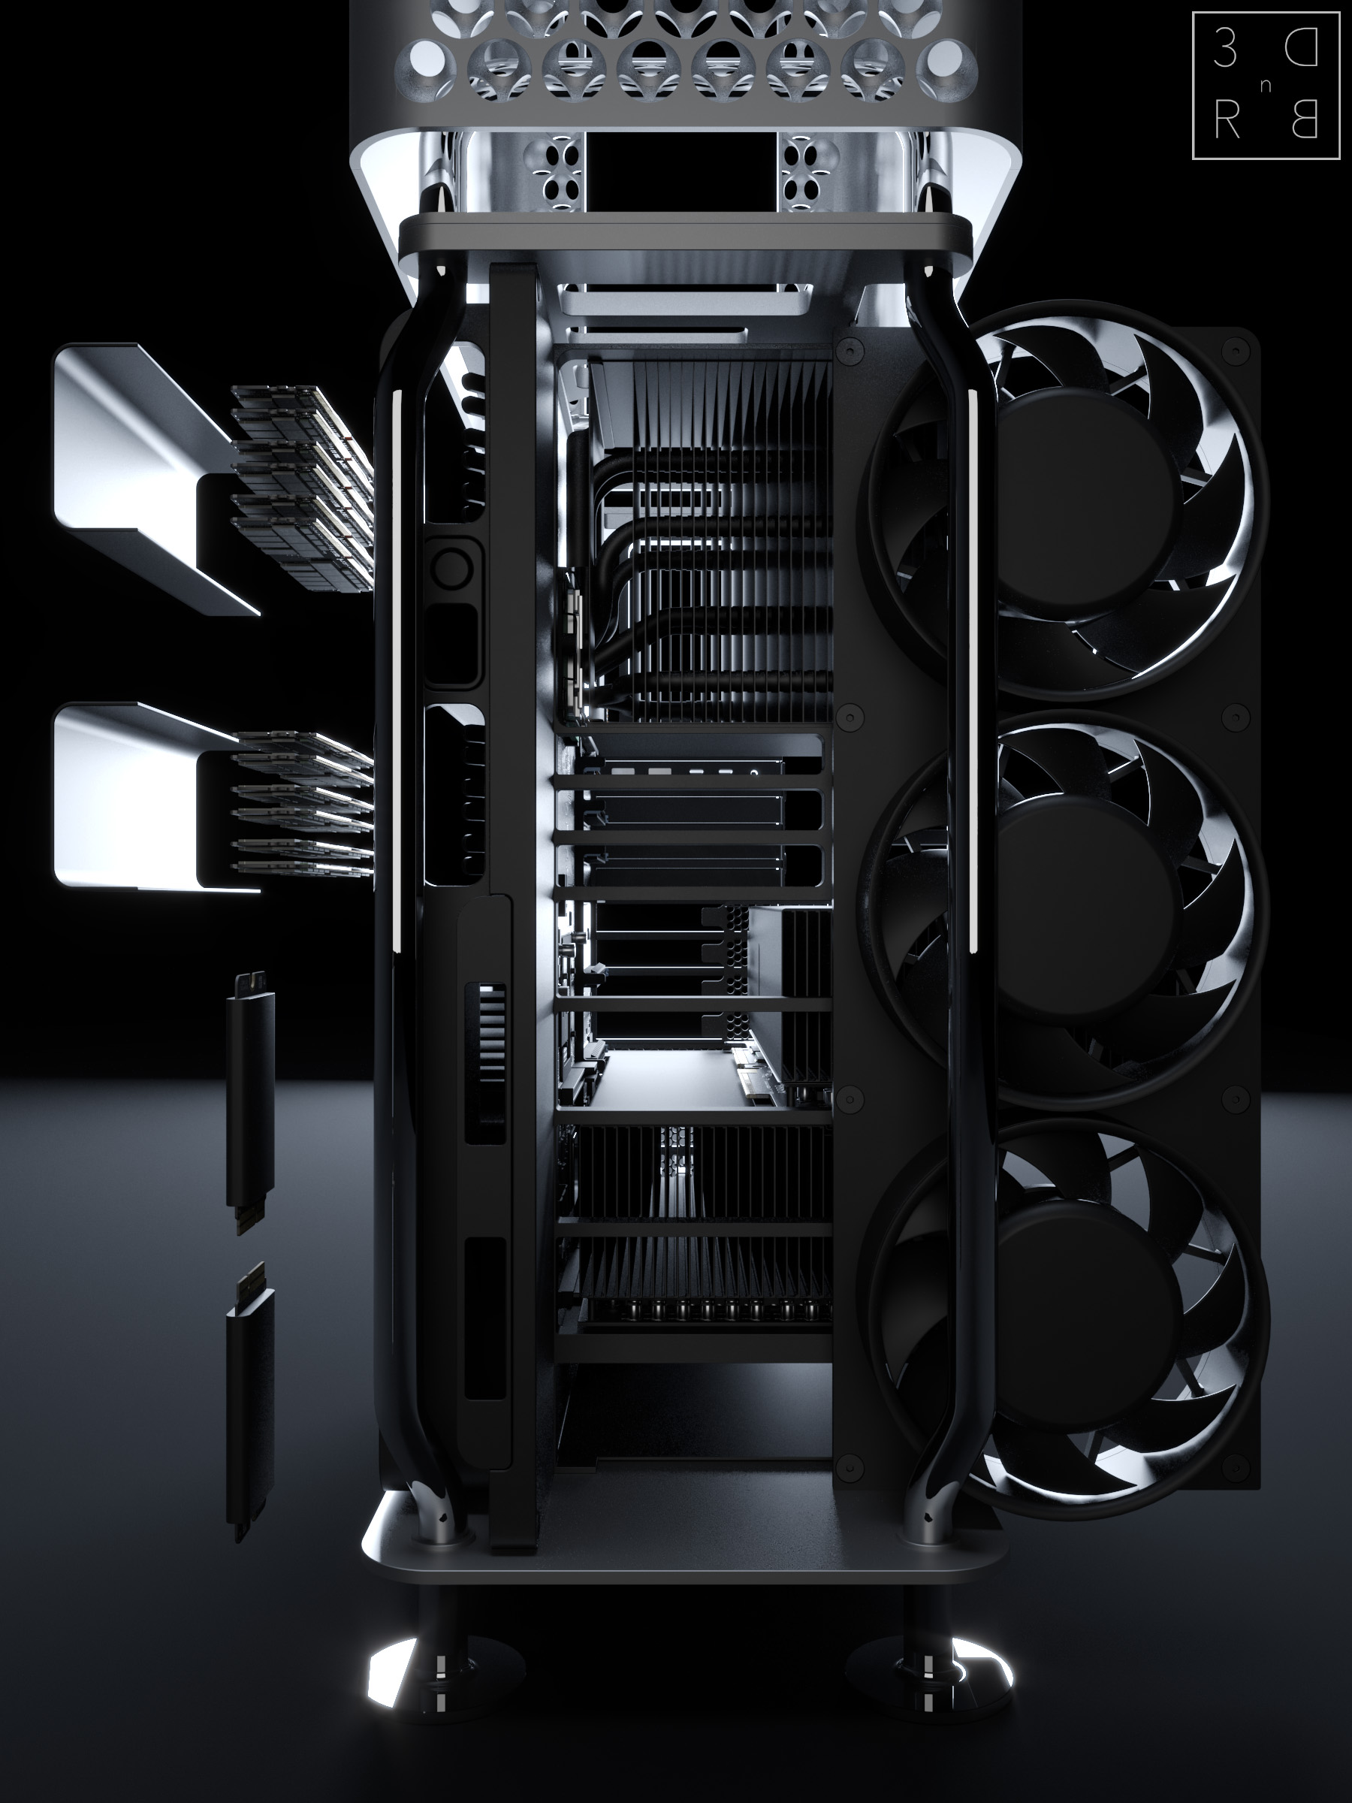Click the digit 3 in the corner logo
[1224, 50]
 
